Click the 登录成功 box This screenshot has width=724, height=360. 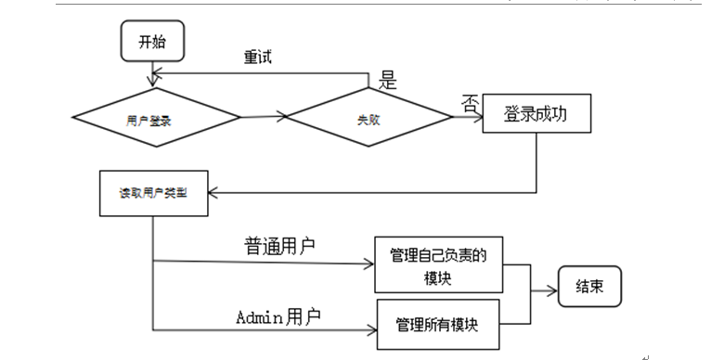(535, 114)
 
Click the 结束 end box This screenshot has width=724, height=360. (589, 287)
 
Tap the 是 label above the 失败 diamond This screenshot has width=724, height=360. (388, 81)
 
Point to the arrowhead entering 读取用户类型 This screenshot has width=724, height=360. (210, 193)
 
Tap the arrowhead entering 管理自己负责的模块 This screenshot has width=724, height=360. (369, 263)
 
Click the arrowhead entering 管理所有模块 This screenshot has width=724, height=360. (371, 329)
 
